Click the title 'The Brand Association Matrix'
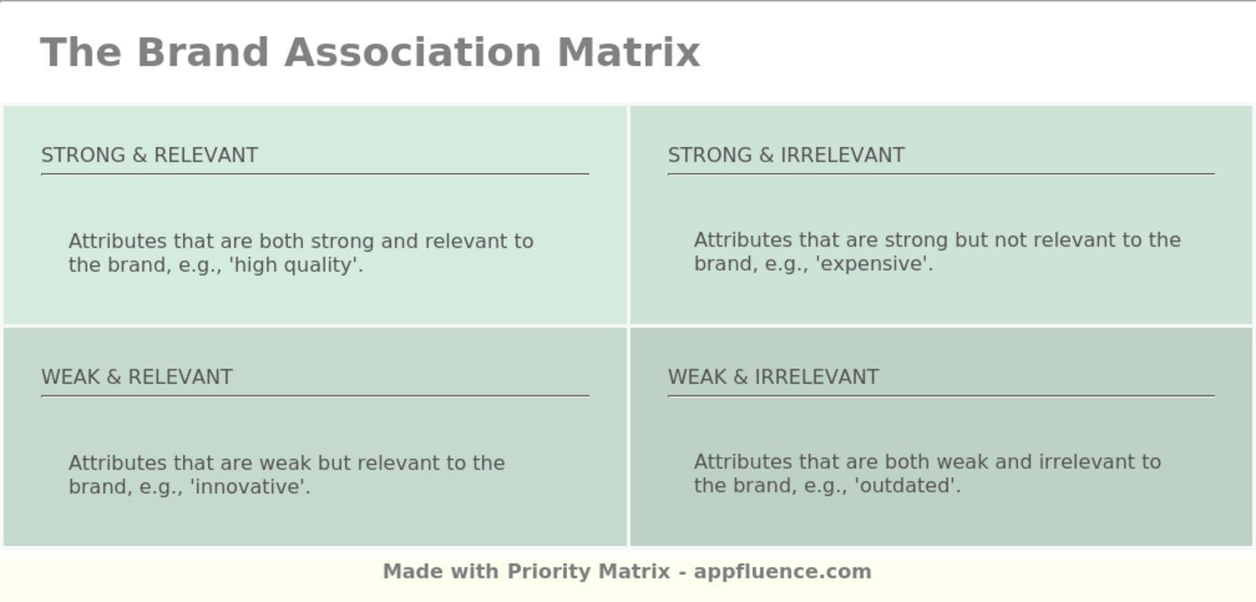click(370, 52)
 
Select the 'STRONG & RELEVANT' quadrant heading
click(150, 155)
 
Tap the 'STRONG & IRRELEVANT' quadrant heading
click(786, 155)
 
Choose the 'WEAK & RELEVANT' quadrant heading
click(137, 377)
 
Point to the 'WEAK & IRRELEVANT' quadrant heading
click(773, 377)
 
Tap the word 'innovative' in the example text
click(250, 487)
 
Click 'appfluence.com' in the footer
click(782, 571)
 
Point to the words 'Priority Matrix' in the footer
click(589, 571)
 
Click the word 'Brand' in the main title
click(203, 52)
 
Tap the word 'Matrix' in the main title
click(628, 52)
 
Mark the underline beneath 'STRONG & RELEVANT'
click(315, 174)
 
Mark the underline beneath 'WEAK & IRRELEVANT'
click(941, 396)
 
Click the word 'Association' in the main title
click(413, 52)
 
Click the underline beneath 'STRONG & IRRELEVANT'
click(941, 174)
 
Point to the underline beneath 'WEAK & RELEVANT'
click(315, 396)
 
